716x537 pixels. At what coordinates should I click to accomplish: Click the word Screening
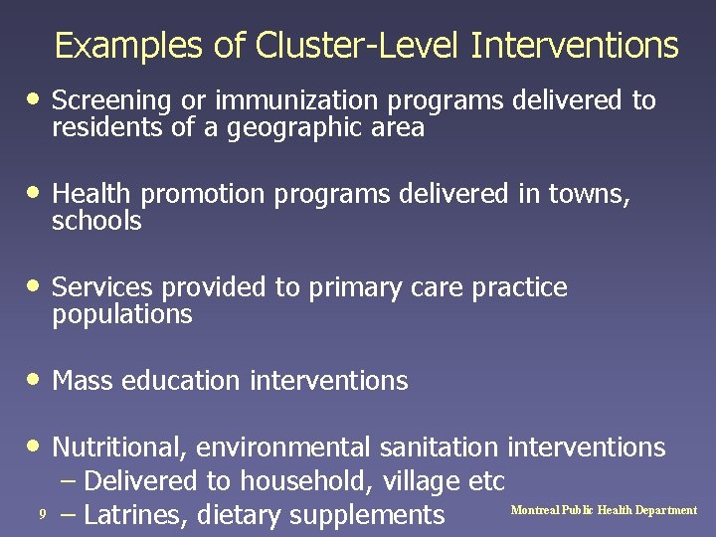pyautogui.click(x=108, y=101)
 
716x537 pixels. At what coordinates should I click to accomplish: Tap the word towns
pyautogui.click(x=587, y=195)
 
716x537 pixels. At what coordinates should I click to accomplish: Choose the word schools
pyautogui.click(x=96, y=222)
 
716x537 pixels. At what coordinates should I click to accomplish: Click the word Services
pyautogui.click(x=101, y=287)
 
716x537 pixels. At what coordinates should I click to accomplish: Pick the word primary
pyautogui.click(x=354, y=287)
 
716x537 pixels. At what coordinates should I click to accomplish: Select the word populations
pyautogui.click(x=121, y=315)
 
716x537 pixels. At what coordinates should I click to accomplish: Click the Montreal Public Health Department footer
pyautogui.click(x=604, y=510)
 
